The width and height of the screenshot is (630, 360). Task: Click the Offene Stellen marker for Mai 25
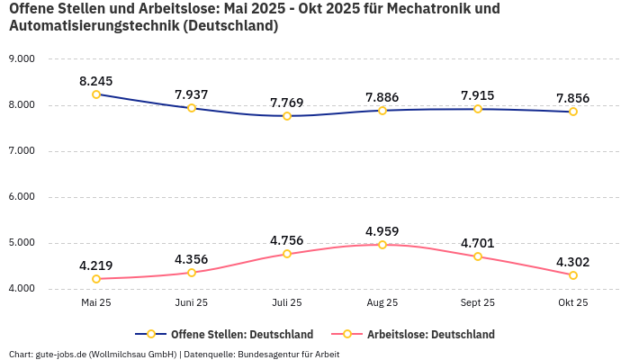96,94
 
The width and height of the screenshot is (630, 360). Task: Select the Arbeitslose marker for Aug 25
382,245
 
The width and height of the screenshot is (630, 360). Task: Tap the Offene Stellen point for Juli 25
287,116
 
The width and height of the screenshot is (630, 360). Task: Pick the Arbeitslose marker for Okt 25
573,275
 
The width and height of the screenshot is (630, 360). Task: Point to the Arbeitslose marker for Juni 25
192,273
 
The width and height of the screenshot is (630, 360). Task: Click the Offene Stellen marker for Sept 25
478,109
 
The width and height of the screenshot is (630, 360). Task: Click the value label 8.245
96,81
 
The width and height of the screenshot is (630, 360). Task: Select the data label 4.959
382,231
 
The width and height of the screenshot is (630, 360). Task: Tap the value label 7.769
287,103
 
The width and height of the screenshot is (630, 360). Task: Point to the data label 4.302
573,262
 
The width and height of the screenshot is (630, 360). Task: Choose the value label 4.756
287,240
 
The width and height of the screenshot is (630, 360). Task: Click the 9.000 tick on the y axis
21,59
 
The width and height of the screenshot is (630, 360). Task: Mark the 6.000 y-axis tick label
21,197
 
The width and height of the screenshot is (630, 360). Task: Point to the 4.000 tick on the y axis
21,289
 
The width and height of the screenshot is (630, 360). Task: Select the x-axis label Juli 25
287,303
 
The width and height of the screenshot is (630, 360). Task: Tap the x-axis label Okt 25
573,303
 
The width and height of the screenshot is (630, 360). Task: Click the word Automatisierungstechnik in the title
92,26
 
